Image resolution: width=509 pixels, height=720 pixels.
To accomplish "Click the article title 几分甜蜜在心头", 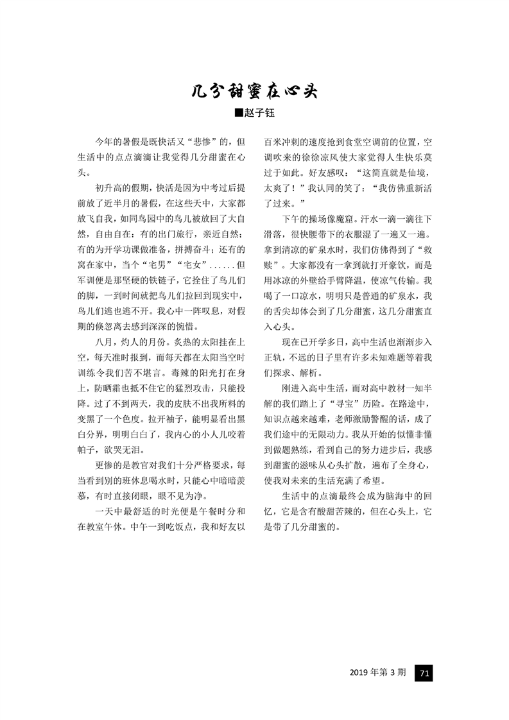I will pos(255,90).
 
